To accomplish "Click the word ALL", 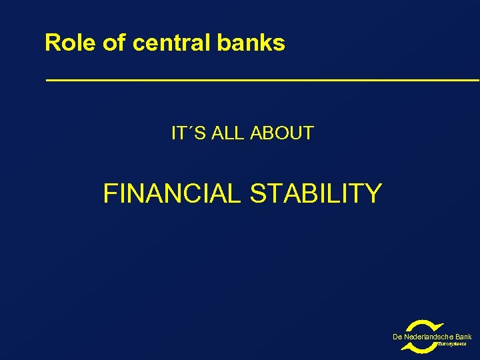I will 228,133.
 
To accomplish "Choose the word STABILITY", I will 315,194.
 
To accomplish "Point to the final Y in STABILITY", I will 373,194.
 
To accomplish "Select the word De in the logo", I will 397,337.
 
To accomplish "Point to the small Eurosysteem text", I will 451,345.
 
